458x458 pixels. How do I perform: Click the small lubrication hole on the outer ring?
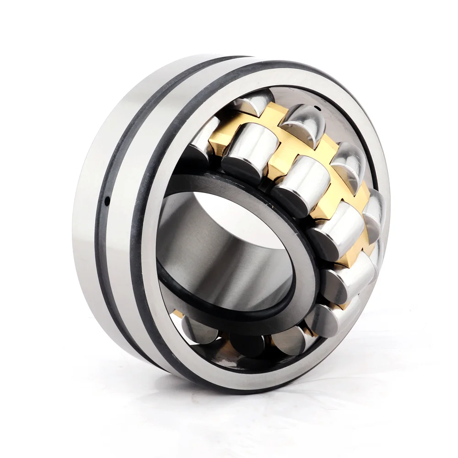coord(107,200)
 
